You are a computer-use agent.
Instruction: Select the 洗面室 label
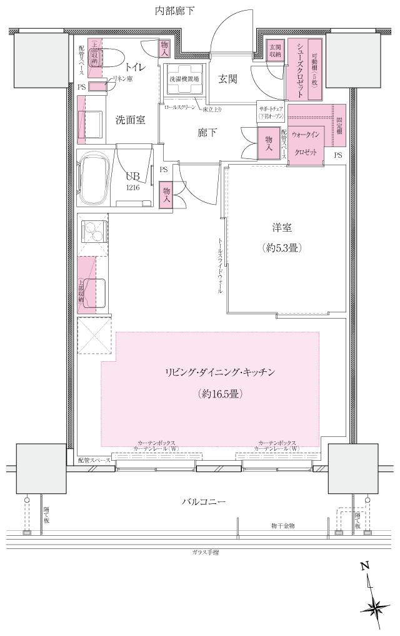pos(130,119)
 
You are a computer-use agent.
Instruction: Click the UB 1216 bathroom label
pos(132,181)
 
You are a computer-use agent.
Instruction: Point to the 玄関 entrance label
pos(227,79)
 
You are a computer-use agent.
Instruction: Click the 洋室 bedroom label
pos(282,228)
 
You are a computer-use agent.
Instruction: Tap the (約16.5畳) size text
pos(219,394)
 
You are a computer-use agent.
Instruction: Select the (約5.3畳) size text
pos(282,248)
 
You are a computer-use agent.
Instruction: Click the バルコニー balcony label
pos(203,502)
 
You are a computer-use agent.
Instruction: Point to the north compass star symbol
pos(375,606)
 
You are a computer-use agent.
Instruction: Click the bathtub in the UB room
pos(95,180)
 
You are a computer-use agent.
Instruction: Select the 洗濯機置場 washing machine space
pos(184,80)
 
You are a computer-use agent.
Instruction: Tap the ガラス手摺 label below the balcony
pos(206,553)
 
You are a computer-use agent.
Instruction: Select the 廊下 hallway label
pos(207,133)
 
